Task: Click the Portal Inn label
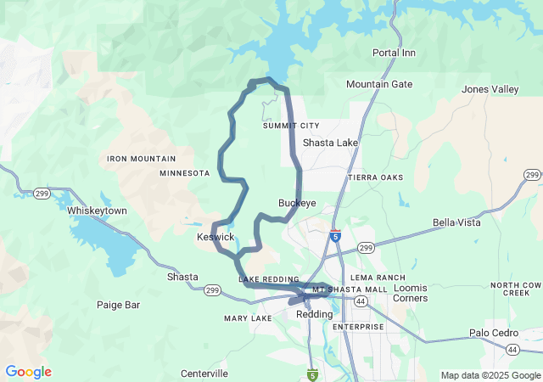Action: click(395, 53)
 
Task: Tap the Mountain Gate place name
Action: click(379, 84)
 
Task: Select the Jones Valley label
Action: click(490, 89)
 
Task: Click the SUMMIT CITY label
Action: click(291, 126)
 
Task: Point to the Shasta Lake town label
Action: click(330, 143)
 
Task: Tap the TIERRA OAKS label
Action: click(376, 177)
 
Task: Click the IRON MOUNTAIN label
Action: click(142, 159)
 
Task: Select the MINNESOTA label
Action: click(184, 173)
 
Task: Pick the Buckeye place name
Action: click(297, 203)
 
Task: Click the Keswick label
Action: click(216, 237)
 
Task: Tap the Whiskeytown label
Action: click(97, 211)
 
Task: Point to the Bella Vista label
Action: click(456, 222)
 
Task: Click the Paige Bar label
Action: click(118, 304)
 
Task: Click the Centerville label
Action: click(204, 374)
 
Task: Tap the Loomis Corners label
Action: click(410, 293)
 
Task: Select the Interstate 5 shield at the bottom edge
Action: click(313, 374)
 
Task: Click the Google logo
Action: click(29, 372)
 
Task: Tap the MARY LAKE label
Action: click(248, 318)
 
